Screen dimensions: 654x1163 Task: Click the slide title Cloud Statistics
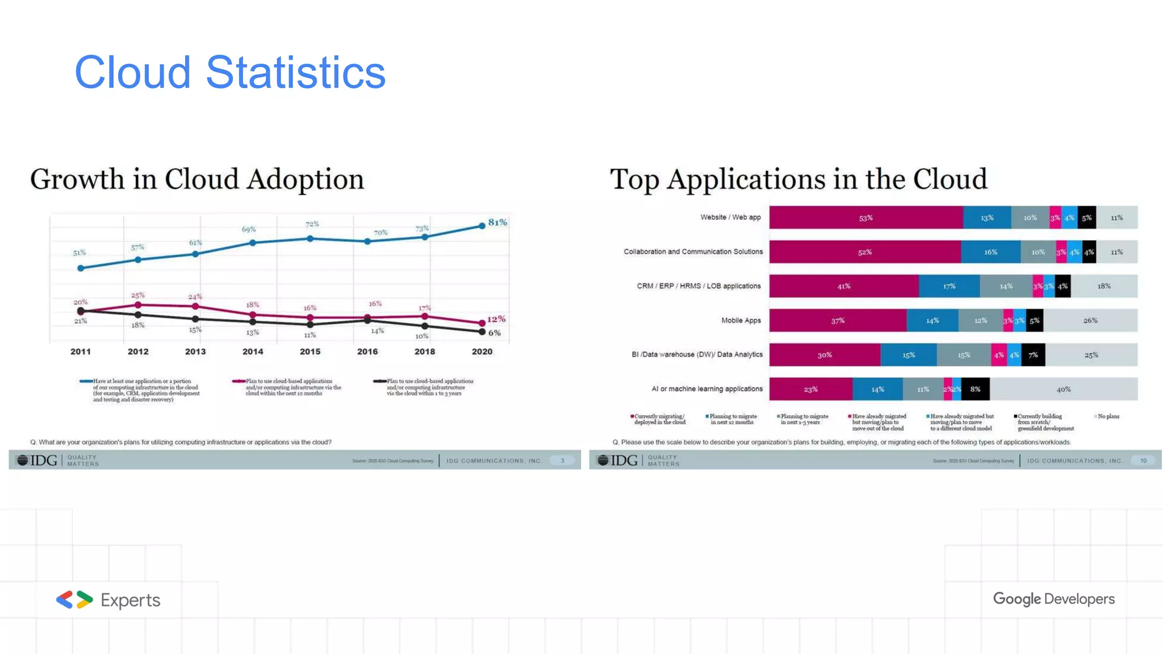click(230, 73)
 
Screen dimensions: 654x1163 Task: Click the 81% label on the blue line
click(497, 222)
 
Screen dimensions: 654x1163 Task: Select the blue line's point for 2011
click(81, 268)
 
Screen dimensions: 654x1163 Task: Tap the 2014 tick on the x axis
click(253, 351)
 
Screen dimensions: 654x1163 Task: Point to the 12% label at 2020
click(496, 319)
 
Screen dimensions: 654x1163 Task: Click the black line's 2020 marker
click(482, 332)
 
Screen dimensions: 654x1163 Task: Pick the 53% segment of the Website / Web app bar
click(865, 218)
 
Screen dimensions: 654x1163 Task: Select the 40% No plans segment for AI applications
click(1063, 389)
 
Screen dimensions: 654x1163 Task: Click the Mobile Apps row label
click(741, 320)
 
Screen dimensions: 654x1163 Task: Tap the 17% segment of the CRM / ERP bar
click(949, 286)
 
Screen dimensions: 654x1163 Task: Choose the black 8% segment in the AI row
click(975, 389)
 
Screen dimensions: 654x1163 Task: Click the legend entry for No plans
click(1107, 417)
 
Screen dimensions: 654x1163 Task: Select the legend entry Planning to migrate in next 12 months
click(732, 419)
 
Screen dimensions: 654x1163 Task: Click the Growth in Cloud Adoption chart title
click(197, 179)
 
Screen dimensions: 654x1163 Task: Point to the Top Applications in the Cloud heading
click(798, 179)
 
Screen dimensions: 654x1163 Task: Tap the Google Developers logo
click(1053, 599)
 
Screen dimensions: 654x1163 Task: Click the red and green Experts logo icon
click(74, 599)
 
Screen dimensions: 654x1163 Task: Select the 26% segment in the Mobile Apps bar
click(1090, 321)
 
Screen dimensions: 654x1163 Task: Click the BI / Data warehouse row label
click(697, 354)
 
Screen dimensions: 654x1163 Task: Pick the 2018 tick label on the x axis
click(425, 351)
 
